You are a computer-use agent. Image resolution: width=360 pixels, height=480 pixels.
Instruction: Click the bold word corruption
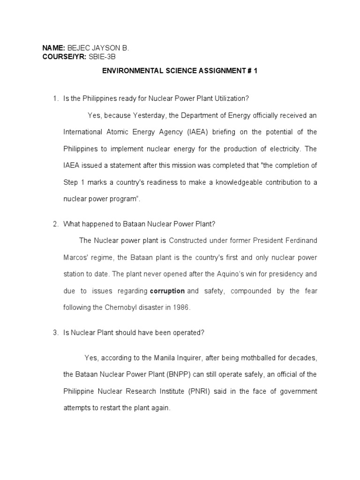[167, 291]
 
